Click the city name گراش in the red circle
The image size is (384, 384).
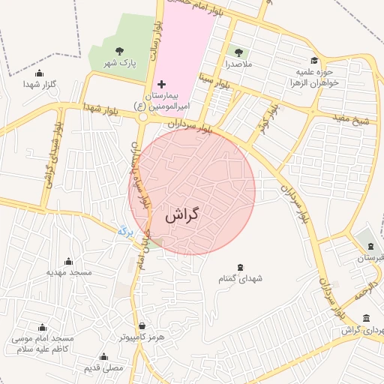183,215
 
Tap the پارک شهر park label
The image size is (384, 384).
121,64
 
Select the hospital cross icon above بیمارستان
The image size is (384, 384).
161,85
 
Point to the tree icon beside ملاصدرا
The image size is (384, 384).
238,52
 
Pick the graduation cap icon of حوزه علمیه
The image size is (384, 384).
313,61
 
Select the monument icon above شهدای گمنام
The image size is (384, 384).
240,267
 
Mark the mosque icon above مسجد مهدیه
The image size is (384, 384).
69,261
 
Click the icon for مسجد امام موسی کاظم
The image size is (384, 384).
41,327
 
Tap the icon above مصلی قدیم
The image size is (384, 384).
103,356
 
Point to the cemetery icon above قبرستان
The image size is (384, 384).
370,247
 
